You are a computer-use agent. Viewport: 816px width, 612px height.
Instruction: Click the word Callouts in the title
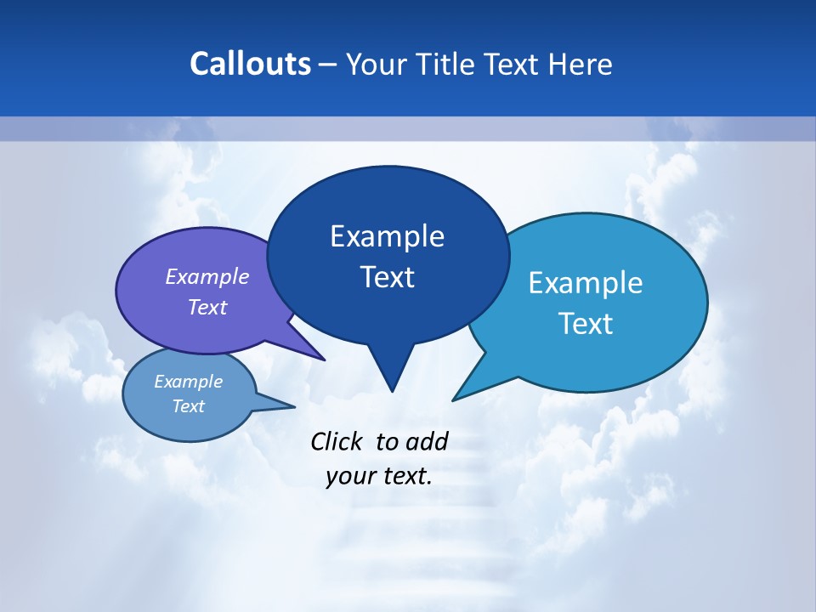[x=251, y=65]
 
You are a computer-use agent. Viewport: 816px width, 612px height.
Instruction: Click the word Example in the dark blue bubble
[x=387, y=236]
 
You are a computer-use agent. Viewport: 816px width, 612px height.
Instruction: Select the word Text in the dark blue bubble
[x=387, y=277]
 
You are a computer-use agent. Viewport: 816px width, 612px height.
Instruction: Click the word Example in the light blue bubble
[x=586, y=283]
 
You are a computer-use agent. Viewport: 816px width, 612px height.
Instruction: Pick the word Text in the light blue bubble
[x=586, y=324]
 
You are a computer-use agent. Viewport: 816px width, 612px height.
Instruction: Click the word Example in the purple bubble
[x=207, y=276]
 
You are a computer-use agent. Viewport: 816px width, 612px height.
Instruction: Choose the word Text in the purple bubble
[x=207, y=307]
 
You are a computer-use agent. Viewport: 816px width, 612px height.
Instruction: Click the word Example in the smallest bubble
[x=189, y=382]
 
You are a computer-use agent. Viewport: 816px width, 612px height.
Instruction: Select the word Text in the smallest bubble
[x=189, y=406]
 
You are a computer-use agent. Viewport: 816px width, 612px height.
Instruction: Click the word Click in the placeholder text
[x=337, y=441]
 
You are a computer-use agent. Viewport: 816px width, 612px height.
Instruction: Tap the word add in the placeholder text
[x=427, y=441]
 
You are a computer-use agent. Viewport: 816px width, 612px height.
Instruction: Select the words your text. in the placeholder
[x=379, y=476]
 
